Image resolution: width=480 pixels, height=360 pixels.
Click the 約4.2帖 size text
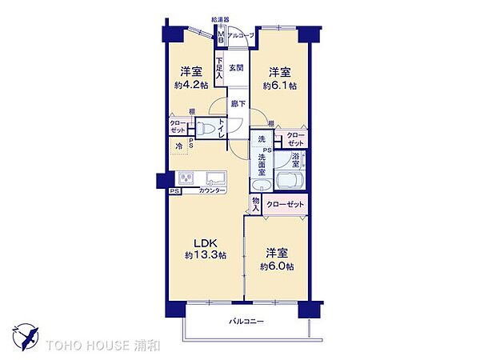pyautogui.click(x=190, y=84)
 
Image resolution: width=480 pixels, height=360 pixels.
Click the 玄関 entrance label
pyautogui.click(x=236, y=68)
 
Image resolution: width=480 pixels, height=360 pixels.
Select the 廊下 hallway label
pyautogui.click(x=238, y=104)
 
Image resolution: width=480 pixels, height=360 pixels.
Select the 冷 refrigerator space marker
pyautogui.click(x=179, y=146)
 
